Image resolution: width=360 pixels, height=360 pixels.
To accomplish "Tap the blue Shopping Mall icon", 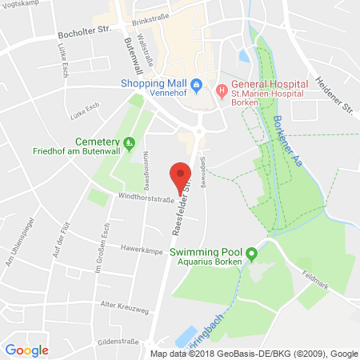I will coord(196,85).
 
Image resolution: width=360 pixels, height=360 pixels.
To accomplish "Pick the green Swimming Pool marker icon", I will coord(251,255).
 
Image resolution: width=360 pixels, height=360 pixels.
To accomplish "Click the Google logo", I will coord(26,350).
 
